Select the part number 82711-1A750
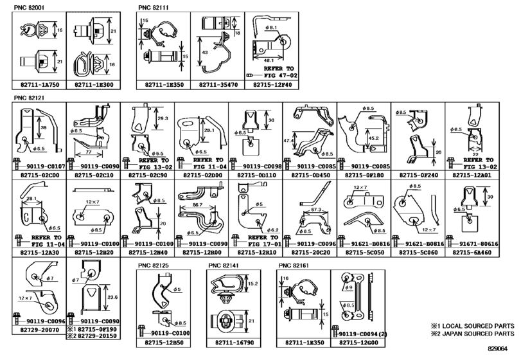coord(38,84)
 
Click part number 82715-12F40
coord(272,84)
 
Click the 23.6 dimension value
coord(112,297)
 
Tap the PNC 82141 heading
coord(223,265)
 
